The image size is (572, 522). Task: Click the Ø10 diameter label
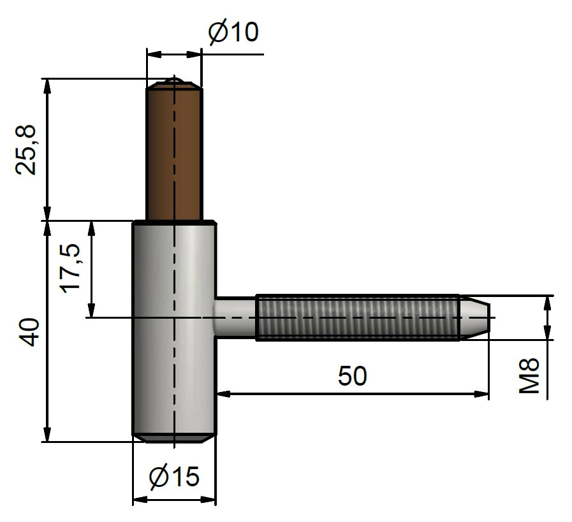(233, 32)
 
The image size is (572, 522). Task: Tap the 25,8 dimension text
(26, 150)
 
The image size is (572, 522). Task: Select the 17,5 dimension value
(70, 268)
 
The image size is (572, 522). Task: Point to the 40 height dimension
(29, 332)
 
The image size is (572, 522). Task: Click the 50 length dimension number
(352, 376)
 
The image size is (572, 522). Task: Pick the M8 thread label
(529, 375)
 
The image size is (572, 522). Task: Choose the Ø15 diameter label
(174, 476)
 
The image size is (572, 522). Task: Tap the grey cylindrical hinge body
(174, 328)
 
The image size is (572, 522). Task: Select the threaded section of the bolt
(358, 317)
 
